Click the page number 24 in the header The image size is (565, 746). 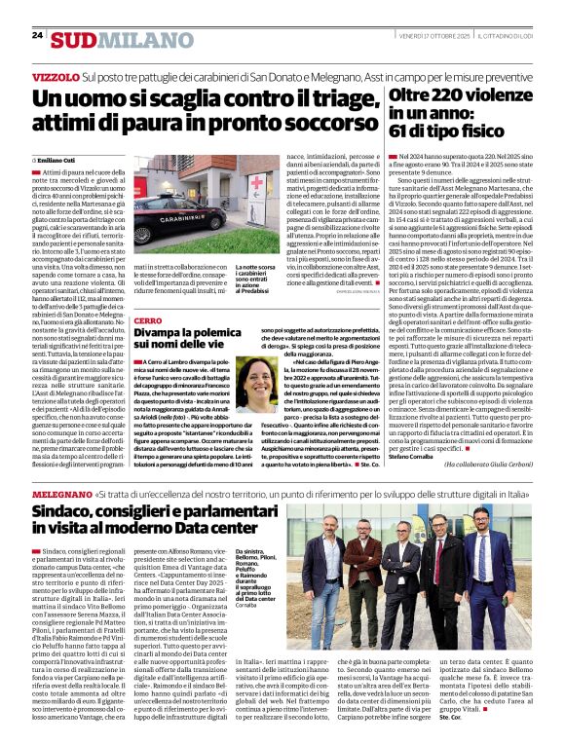click(37, 35)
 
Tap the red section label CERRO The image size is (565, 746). click(148, 320)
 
